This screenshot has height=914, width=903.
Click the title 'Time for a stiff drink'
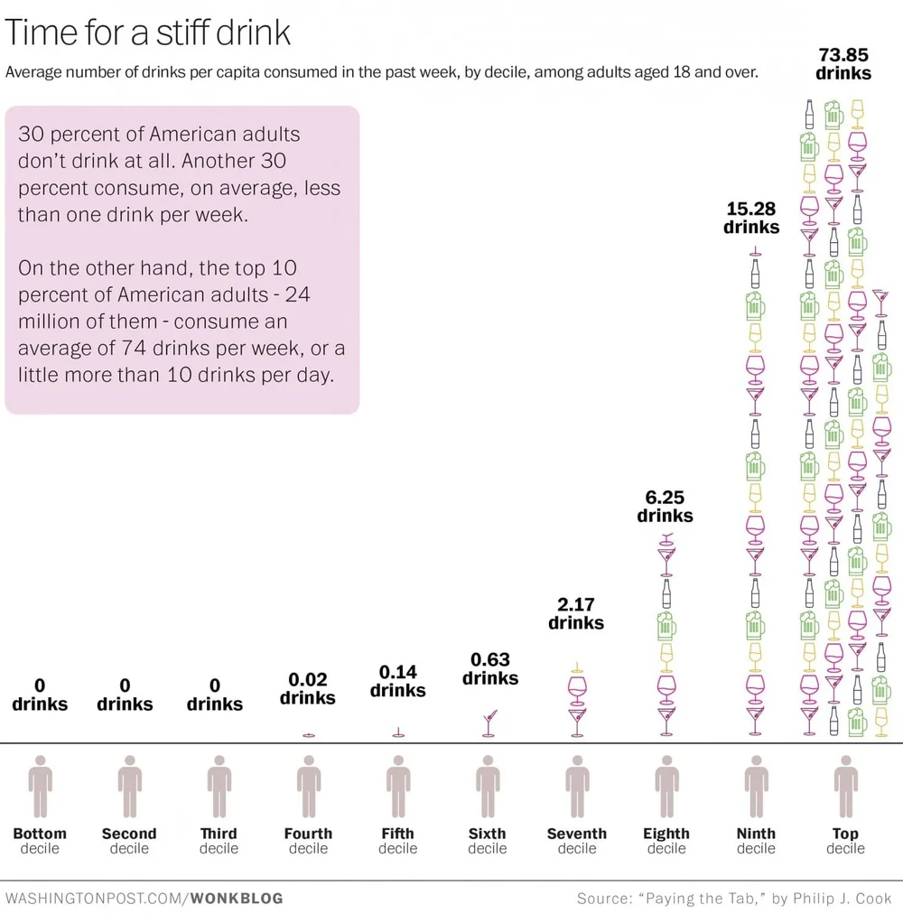coord(149,33)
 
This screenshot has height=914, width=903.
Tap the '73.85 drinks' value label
coord(843,64)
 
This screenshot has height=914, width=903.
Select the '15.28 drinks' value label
coord(751,218)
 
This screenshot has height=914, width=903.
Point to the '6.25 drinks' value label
coord(666,507)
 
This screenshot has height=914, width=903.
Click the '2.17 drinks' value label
coord(576,613)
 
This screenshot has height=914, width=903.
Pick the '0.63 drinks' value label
coord(490,669)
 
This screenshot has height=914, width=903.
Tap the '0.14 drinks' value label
coord(397,681)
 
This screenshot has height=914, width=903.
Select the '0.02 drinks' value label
coord(308,688)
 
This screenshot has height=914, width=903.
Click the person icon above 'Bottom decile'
coord(40,786)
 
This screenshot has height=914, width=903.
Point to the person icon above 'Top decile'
coord(846,786)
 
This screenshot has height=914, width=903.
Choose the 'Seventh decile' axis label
coord(577,841)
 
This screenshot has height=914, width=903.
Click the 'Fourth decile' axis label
coord(308,841)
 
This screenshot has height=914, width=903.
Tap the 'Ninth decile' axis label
coord(756,841)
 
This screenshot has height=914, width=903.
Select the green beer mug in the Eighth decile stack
coord(666,625)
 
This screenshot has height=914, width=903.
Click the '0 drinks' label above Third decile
coord(215,695)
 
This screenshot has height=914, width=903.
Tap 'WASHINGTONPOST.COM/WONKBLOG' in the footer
coord(144,899)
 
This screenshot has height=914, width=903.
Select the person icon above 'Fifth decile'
coord(398,786)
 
